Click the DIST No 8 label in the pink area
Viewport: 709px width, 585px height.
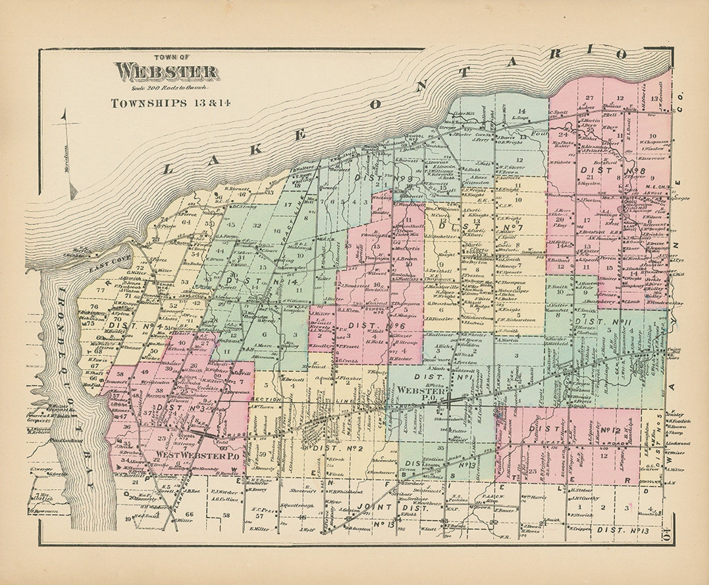612,170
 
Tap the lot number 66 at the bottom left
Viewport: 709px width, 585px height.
189,514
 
